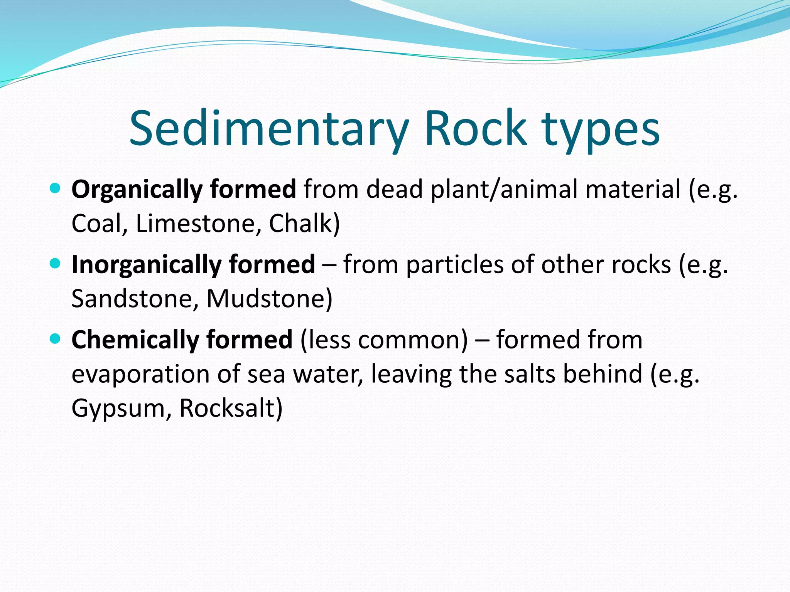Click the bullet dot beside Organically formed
pyautogui.click(x=56, y=188)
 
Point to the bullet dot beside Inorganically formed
pyautogui.click(x=56, y=264)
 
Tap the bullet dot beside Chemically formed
pyautogui.click(x=56, y=339)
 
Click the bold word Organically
pyautogui.click(x=137, y=190)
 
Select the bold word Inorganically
pyautogui.click(x=147, y=265)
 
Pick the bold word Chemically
pyautogui.click(x=135, y=340)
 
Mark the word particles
pyautogui.click(x=455, y=265)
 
